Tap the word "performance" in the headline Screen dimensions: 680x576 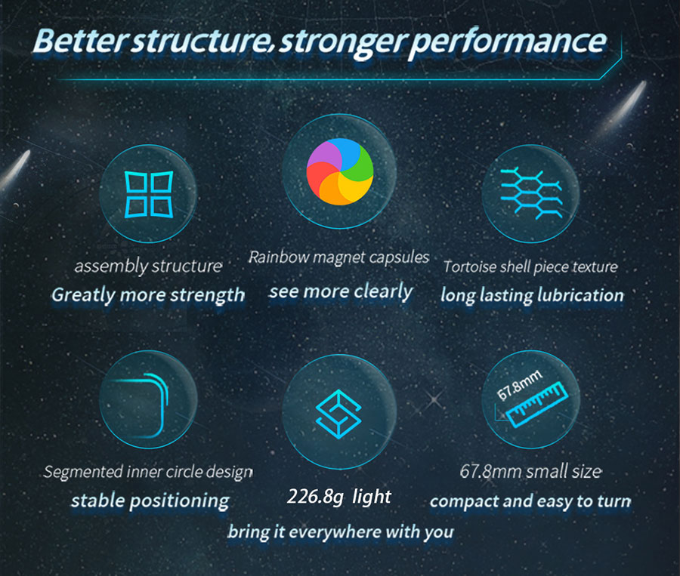507,43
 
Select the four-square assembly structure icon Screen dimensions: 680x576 149,194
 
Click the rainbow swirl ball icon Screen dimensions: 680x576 339,171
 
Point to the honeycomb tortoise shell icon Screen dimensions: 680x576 531,193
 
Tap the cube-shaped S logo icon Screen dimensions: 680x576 338,414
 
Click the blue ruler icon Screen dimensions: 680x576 537,405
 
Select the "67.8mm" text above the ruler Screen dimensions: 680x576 519,385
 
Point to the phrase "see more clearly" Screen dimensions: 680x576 341,291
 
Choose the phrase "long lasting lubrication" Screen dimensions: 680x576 532,296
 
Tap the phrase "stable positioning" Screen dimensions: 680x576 150,501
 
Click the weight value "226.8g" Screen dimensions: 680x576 315,497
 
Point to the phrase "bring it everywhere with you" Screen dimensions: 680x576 341,531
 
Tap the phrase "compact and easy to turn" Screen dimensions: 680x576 530,501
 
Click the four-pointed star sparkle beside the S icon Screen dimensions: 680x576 434,400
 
